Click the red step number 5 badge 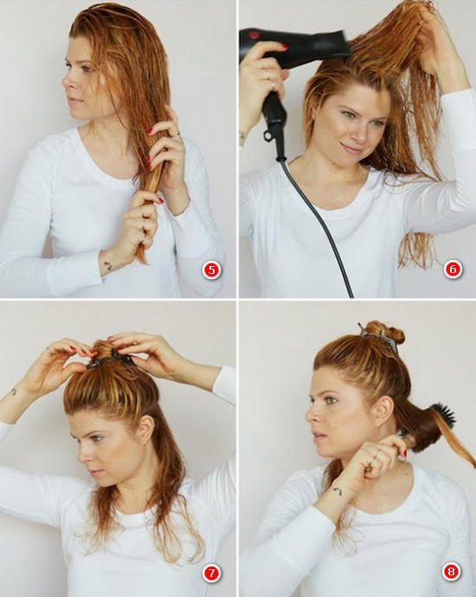(212, 270)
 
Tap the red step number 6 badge (453, 270)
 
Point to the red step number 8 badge (452, 571)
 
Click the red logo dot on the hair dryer (253, 35)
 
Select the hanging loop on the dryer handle (268, 135)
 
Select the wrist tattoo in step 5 (108, 265)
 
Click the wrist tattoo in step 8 (338, 491)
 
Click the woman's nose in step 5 (66, 81)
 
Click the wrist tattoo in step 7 (13, 391)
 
